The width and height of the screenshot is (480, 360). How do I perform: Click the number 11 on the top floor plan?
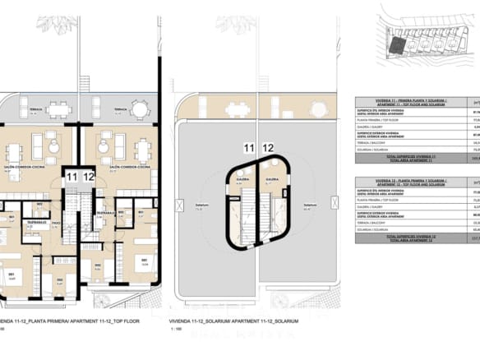[x=72, y=177]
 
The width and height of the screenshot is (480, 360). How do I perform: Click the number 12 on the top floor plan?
[x=89, y=177]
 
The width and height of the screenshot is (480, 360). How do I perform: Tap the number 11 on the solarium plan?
[x=248, y=148]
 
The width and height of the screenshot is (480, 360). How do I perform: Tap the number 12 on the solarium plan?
[x=268, y=148]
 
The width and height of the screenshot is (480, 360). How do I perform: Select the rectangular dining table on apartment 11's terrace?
[x=58, y=109]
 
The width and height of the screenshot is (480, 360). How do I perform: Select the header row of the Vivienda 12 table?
[x=415, y=182]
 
